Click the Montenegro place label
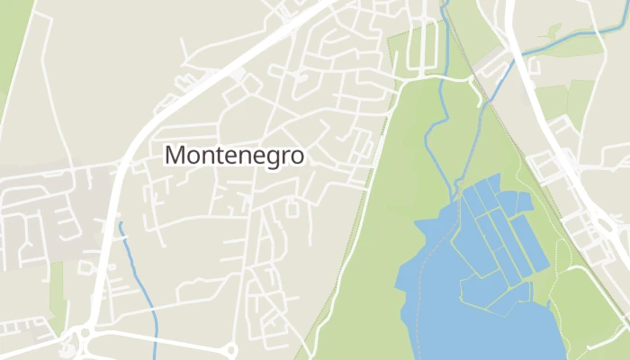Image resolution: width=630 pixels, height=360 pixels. [235, 155]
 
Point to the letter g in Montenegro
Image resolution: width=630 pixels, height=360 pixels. [266, 157]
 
